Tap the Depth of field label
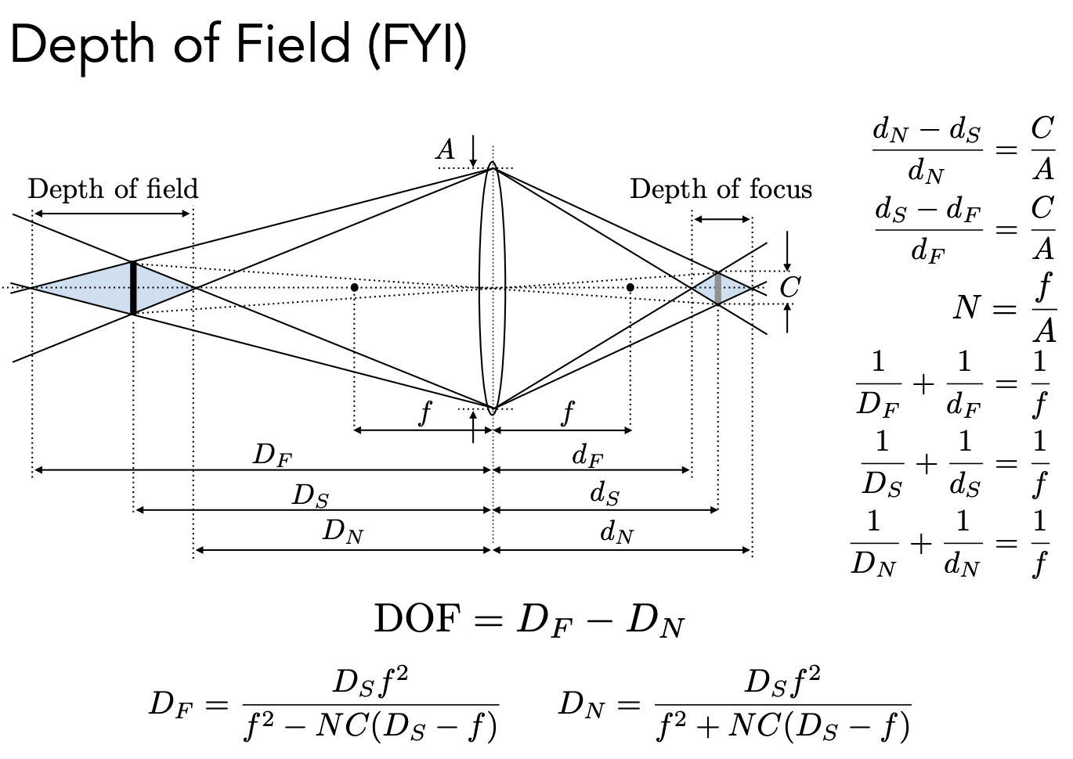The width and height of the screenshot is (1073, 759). [113, 189]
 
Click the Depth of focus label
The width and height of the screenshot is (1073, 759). [721, 189]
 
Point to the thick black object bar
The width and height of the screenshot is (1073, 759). [133, 288]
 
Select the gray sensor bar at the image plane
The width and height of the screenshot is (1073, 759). [718, 287]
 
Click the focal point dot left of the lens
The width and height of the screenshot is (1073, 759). [355, 288]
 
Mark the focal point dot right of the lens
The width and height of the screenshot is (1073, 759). [630, 288]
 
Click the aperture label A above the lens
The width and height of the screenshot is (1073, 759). [446, 149]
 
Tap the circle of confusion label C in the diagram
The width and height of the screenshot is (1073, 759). [789, 288]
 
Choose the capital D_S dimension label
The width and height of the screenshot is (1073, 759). [310, 496]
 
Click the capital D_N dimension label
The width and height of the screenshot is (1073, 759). [343, 534]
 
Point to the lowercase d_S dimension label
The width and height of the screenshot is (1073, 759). [604, 495]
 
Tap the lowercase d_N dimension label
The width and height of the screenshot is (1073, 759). [616, 534]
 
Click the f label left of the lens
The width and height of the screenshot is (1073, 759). [425, 412]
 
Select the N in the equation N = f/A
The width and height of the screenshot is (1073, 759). [966, 308]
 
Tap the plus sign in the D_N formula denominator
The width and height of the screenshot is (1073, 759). [709, 727]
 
